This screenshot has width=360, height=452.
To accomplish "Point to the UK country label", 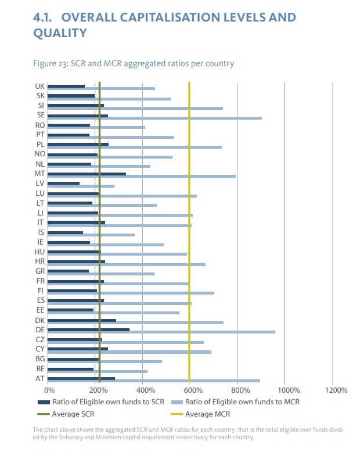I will tap(40, 87).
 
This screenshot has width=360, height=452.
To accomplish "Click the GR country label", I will tap(40, 271).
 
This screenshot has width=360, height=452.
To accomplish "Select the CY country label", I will tap(40, 349).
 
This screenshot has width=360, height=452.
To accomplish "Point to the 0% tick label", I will tap(49, 390).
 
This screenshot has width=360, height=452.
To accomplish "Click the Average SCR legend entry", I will tap(73, 414).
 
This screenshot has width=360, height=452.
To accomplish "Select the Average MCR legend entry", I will tap(206, 414).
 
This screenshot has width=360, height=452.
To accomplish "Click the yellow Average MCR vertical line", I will tap(189, 232).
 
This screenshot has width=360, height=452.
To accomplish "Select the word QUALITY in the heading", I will tap(60, 34).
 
